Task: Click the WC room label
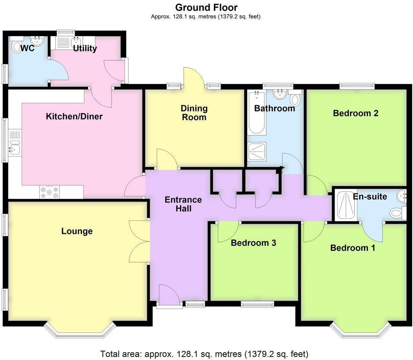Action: point(28,48)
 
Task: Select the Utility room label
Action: point(85,48)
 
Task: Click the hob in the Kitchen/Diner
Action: point(50,192)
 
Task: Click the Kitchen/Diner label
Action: point(74,117)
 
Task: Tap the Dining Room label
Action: point(194,113)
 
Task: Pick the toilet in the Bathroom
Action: point(295,100)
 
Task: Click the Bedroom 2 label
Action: point(355,113)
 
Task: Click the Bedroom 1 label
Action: point(353,248)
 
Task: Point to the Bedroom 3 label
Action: point(253,243)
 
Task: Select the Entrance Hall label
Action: point(183,204)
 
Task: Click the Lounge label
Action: point(77,231)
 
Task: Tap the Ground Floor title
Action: point(206,7)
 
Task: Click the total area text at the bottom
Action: point(204,353)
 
